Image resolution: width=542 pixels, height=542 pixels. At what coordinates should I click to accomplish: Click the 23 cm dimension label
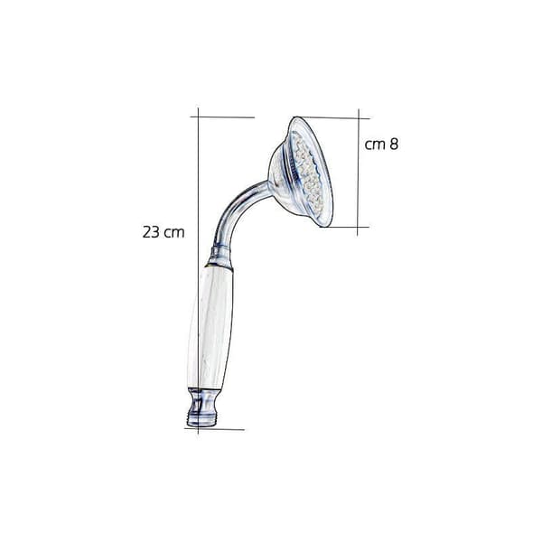pyautogui.click(x=164, y=232)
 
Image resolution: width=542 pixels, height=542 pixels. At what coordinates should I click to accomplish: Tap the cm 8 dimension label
pyautogui.click(x=381, y=145)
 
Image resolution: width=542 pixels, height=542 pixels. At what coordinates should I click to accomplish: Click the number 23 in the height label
pyautogui.click(x=151, y=232)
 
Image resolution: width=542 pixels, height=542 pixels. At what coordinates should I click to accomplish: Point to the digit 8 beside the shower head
pyautogui.click(x=394, y=144)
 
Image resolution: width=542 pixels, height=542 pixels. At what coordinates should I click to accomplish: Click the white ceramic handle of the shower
pyautogui.click(x=210, y=328)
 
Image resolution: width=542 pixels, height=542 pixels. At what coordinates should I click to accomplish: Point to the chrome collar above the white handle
pyautogui.click(x=220, y=257)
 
